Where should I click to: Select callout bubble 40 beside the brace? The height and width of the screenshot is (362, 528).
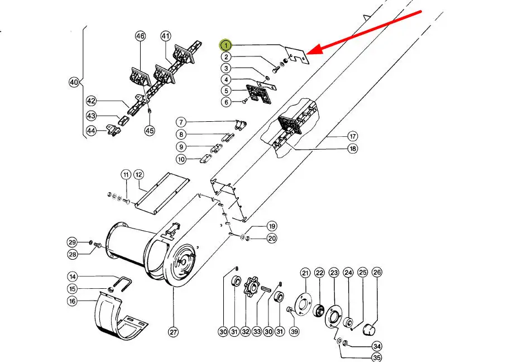(x=74, y=82)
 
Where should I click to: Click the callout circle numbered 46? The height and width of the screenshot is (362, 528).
(x=141, y=36)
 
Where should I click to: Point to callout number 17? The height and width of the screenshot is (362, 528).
(x=352, y=136)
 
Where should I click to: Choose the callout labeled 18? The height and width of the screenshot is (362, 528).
(x=352, y=149)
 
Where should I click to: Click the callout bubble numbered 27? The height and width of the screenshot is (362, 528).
(x=173, y=332)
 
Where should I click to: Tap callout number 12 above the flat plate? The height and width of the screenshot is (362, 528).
(x=138, y=175)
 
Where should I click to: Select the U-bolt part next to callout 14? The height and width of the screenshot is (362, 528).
(x=123, y=284)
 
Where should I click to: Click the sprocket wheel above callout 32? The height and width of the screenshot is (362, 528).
(x=251, y=287)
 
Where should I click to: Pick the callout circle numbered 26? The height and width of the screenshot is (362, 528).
(x=377, y=272)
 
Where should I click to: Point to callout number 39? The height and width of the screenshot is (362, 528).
(x=294, y=332)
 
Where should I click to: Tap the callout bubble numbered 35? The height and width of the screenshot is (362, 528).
(x=377, y=358)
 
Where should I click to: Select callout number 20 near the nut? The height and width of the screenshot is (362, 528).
(x=272, y=239)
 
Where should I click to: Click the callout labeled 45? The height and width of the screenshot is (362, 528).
(x=150, y=130)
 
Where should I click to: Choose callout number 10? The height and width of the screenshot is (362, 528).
(x=181, y=159)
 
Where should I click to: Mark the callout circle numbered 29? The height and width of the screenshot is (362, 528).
(x=73, y=242)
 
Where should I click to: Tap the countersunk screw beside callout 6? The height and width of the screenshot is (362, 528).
(x=245, y=101)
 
